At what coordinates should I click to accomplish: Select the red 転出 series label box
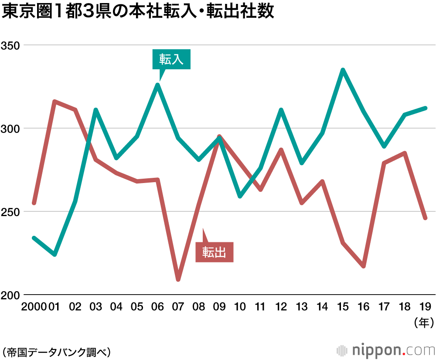(x=215, y=252)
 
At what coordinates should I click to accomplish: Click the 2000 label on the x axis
(x=34, y=307)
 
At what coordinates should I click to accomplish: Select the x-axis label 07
(x=178, y=307)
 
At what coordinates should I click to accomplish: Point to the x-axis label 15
(x=343, y=307)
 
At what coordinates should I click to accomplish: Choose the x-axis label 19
(x=426, y=307)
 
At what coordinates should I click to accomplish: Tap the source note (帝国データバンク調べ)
(x=56, y=351)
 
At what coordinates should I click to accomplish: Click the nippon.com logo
(x=386, y=350)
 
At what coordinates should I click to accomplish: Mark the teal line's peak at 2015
(x=343, y=70)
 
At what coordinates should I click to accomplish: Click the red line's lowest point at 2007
(x=178, y=279)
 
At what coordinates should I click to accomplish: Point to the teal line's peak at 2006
(x=157, y=85)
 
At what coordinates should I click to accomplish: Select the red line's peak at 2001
(x=54, y=102)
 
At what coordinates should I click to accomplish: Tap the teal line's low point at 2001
(x=54, y=254)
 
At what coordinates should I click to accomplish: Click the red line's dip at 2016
(x=364, y=266)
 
